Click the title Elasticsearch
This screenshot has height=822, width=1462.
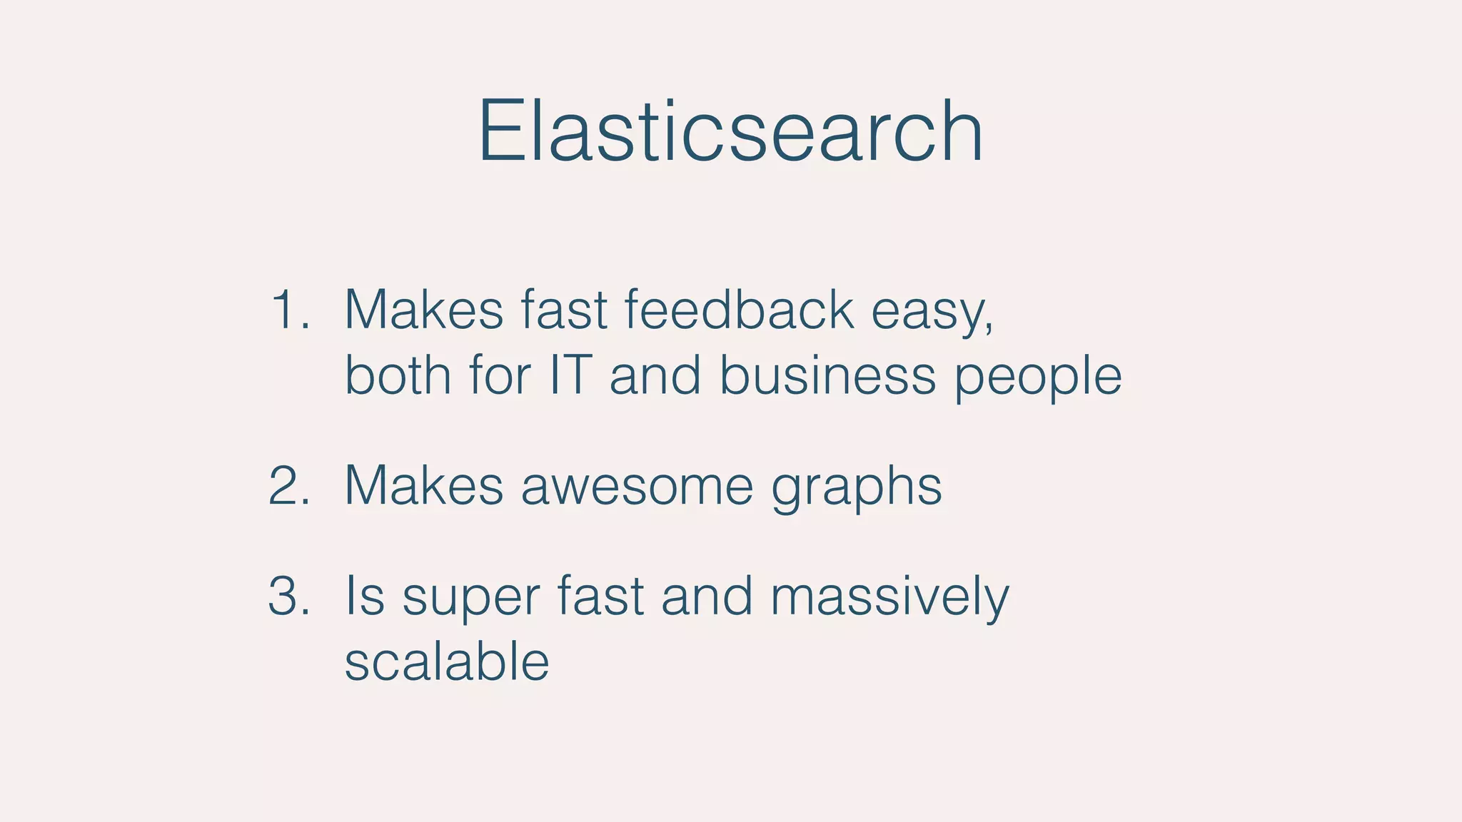730,132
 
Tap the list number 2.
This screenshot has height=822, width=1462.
289,486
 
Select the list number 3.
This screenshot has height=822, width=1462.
289,596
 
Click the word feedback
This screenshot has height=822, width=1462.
739,310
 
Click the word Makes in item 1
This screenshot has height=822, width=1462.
424,310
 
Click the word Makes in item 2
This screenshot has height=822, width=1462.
424,486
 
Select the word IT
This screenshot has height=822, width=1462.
570,375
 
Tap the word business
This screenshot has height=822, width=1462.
827,375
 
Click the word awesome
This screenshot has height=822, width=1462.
637,486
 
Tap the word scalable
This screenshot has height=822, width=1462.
447,661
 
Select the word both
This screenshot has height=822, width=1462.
398,375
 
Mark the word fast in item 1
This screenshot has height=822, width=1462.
564,310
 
